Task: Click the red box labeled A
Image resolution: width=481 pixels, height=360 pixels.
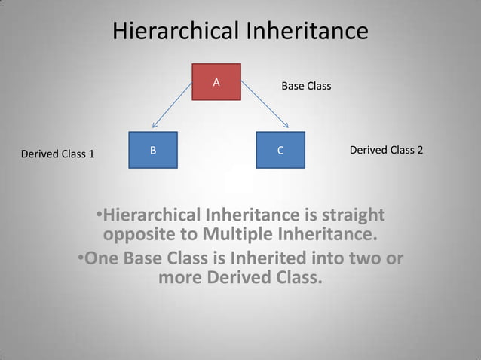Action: click(x=216, y=81)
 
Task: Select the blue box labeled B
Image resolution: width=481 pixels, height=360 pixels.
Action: click(x=153, y=150)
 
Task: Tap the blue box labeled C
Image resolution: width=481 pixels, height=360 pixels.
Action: click(x=280, y=150)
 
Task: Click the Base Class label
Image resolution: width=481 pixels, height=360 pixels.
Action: click(x=306, y=87)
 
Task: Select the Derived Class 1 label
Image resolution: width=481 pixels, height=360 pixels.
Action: click(x=57, y=154)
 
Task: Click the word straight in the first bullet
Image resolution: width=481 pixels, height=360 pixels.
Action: click(x=353, y=215)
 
